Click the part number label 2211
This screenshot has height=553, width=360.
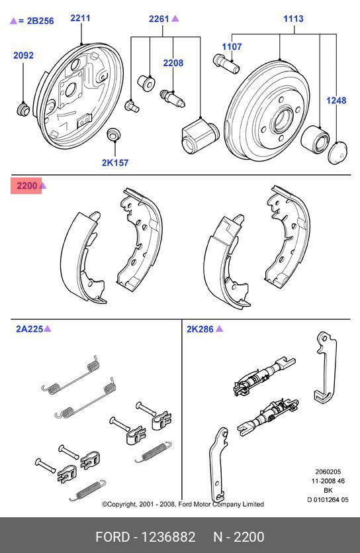80,18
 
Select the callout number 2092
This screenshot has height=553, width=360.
23,56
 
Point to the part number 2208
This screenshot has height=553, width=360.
173,63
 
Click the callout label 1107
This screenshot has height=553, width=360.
232,47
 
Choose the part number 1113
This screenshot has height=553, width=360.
293,19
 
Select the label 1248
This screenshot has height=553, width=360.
336,101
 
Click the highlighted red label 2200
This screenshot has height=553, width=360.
27,186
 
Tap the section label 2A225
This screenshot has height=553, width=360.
29,328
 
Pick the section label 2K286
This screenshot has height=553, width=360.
201,328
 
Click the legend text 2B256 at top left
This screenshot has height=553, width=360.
36,21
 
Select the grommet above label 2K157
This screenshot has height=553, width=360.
113,135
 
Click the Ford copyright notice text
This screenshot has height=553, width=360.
183,504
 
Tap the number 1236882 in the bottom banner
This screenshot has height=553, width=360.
169,536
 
